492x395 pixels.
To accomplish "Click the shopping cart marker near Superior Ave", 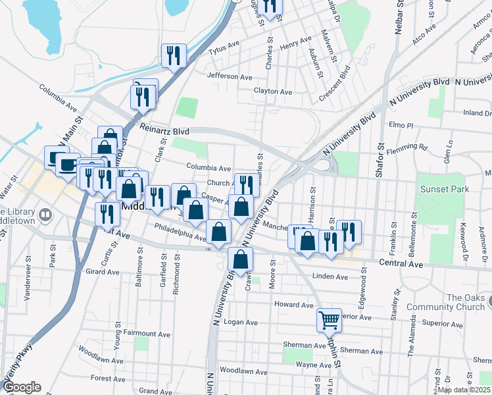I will [329, 320].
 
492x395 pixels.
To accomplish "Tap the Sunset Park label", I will [445, 189].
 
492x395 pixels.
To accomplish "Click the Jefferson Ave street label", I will [230, 76].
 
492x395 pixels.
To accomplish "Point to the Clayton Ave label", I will [273, 92].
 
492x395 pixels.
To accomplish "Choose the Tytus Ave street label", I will [224, 48].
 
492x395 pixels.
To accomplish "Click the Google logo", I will [22, 387].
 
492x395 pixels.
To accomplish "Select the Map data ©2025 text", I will [463, 390].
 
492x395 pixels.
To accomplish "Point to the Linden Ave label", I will [330, 276].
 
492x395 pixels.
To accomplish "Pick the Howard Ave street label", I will [293, 305].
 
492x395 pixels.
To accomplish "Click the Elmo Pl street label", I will [401, 124].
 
